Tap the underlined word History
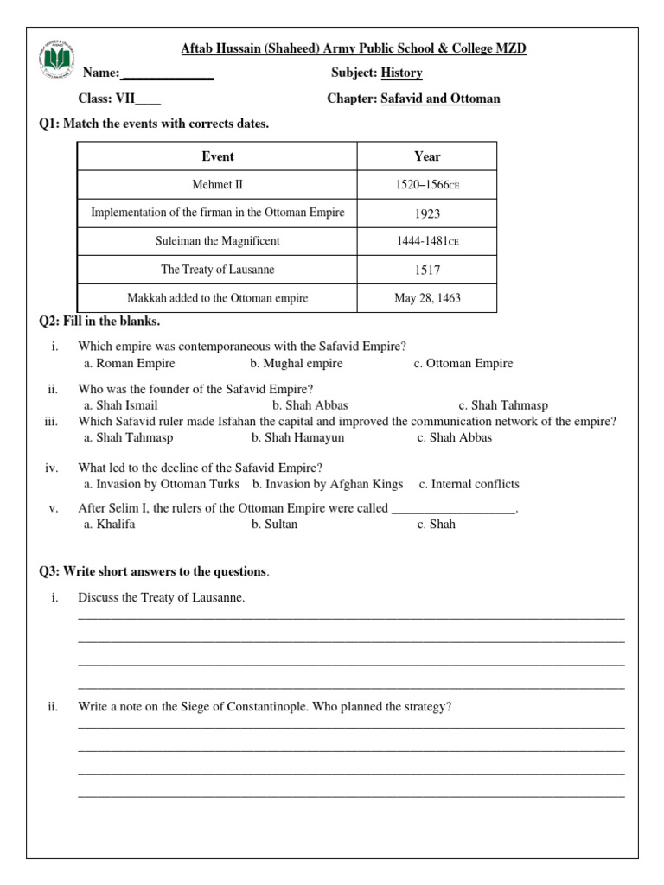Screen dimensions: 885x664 [401, 73]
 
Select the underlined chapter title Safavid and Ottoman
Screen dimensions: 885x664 [440, 99]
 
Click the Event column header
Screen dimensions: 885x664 [217, 156]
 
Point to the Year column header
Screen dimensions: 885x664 [427, 156]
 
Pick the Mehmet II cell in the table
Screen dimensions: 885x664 [217, 185]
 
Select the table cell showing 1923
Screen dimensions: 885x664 [427, 213]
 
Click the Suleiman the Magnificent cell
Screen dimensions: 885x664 [217, 241]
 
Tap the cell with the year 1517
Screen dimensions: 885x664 [427, 270]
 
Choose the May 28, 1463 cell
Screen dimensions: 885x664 [427, 298]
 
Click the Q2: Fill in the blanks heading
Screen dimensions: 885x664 [99, 322]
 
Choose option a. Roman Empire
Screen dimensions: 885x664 [129, 364]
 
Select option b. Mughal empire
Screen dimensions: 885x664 [296, 364]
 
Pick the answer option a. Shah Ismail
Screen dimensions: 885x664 [120, 405]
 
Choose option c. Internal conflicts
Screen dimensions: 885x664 [469, 485]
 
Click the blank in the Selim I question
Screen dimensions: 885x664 [454, 509]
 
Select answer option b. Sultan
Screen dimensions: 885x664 [274, 525]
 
